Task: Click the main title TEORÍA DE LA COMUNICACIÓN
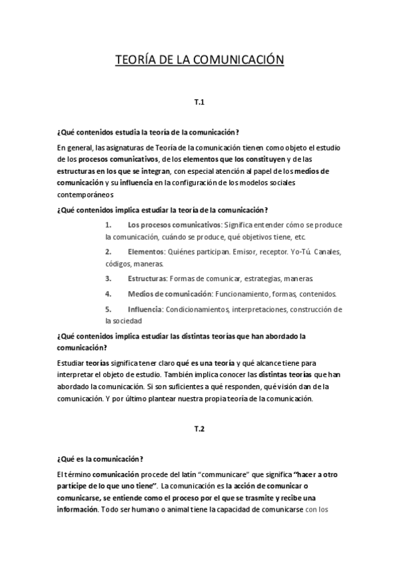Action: tap(200, 61)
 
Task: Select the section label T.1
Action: tap(199, 103)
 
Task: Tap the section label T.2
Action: tap(199, 429)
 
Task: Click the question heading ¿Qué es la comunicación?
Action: tap(100, 458)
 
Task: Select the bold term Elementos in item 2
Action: tap(145, 252)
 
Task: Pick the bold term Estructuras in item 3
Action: tap(148, 277)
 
